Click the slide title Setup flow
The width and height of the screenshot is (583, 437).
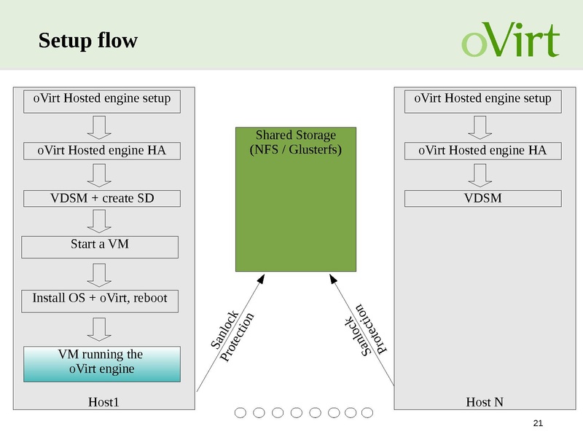[x=87, y=41]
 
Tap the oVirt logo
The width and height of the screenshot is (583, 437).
[x=510, y=40]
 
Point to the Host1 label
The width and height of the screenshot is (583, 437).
[x=103, y=401]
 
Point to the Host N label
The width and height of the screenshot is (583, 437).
[x=484, y=401]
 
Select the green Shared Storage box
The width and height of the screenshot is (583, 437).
[x=295, y=199]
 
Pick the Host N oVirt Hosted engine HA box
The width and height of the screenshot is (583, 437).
[x=482, y=151]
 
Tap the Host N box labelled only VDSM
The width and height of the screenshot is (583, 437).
[x=482, y=198]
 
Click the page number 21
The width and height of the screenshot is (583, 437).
[x=539, y=424]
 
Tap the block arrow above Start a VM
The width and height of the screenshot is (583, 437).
[x=98, y=221]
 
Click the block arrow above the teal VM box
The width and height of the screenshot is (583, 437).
[x=98, y=328]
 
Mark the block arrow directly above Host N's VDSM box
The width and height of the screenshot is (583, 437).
[x=482, y=175]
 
